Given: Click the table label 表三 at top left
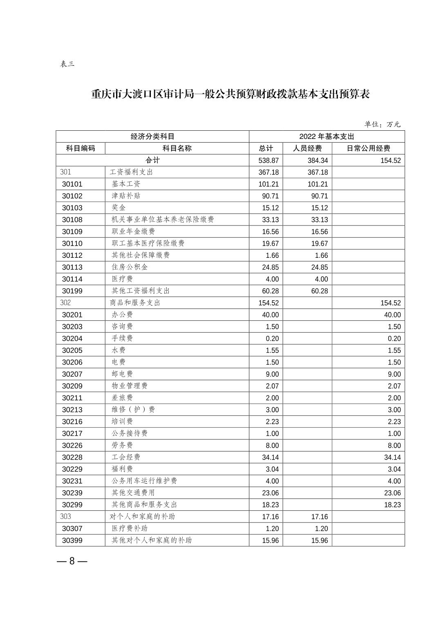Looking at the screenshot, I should coord(67,64).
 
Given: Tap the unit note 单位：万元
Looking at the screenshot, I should coord(383,124).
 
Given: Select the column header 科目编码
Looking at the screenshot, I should coord(81,148).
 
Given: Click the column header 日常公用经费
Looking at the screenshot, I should coord(368,148).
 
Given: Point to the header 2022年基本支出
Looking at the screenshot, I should coord(327,136).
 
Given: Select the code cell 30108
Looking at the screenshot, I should coord(72,220).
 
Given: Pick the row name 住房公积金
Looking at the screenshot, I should coord(130,267).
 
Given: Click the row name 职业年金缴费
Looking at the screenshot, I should coord(133,232).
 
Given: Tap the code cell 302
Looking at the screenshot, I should coord(65,303).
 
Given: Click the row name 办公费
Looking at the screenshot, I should coord(122,315).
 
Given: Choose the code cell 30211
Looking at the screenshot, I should coord(72,398).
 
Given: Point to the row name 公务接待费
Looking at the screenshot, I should coord(130,433).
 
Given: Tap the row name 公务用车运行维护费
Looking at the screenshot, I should coord(144,481).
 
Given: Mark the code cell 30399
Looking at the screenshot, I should coord(72,541).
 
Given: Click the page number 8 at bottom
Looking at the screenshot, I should coord(72,561).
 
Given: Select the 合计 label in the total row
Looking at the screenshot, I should coord(152,161).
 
